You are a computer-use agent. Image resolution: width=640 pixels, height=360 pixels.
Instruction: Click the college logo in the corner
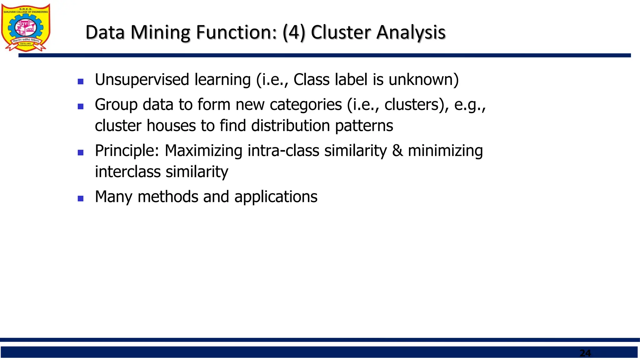[26, 27]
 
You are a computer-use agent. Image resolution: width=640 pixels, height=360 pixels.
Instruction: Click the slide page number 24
[585, 353]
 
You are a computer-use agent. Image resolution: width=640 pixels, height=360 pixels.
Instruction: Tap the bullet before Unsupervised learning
[81, 82]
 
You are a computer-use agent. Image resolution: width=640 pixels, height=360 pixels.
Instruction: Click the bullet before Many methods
[81, 198]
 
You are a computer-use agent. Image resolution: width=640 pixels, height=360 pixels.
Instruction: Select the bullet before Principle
[81, 152]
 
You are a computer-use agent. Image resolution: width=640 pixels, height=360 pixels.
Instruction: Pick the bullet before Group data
[81, 107]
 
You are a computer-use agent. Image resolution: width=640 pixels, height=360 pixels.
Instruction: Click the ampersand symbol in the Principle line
[397, 151]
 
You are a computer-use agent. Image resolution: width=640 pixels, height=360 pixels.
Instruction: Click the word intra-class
[283, 151]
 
